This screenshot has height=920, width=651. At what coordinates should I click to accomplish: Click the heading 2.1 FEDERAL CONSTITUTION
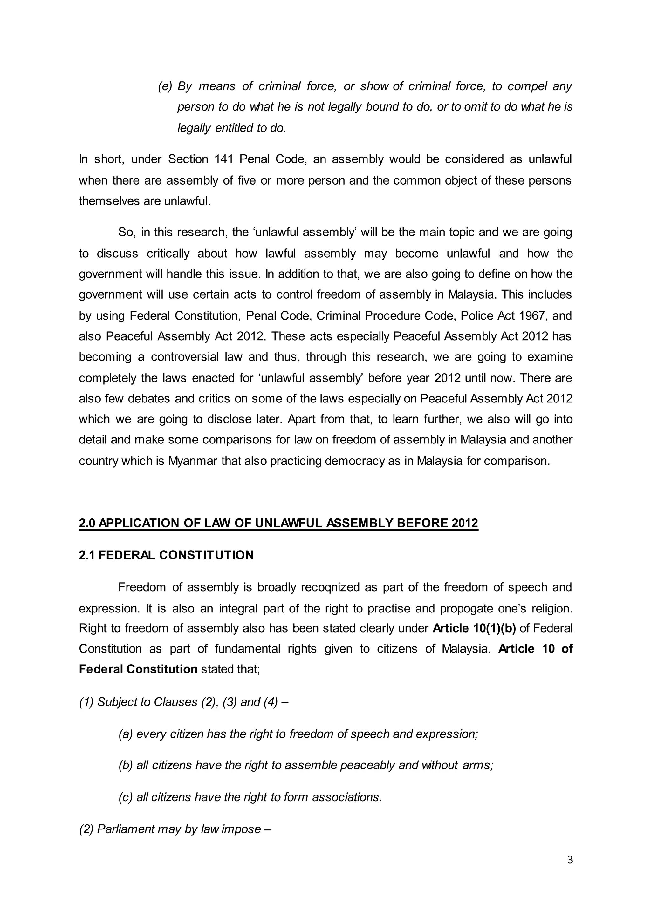click(x=166, y=555)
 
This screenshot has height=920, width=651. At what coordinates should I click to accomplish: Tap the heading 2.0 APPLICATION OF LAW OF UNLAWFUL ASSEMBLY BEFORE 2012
click(x=278, y=523)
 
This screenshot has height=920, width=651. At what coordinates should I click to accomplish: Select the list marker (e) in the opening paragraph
click(x=165, y=86)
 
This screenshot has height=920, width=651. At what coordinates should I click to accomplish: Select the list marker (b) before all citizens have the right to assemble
click(x=126, y=765)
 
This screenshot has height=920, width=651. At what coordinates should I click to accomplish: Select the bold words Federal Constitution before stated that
click(x=138, y=669)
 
